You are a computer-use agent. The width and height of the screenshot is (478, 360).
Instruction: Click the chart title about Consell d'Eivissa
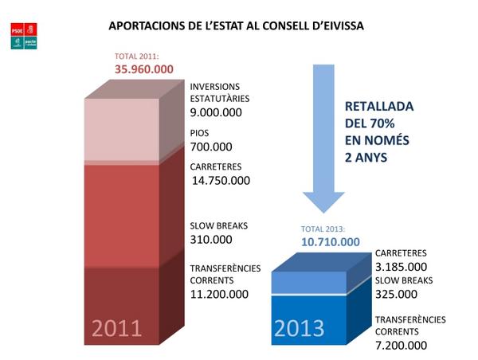point(236,26)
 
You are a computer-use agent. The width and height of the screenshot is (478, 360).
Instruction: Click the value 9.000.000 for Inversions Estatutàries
point(216,112)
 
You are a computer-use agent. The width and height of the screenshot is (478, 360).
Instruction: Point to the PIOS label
point(199,134)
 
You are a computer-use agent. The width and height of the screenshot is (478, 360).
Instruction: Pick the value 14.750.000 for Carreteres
point(221,180)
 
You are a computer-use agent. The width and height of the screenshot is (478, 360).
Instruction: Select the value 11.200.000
point(219,294)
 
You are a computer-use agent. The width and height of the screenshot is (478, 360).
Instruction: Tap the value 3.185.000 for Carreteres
point(401,266)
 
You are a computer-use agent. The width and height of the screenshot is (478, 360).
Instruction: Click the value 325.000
point(394,294)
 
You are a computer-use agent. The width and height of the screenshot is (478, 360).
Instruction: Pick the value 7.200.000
point(401,346)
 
